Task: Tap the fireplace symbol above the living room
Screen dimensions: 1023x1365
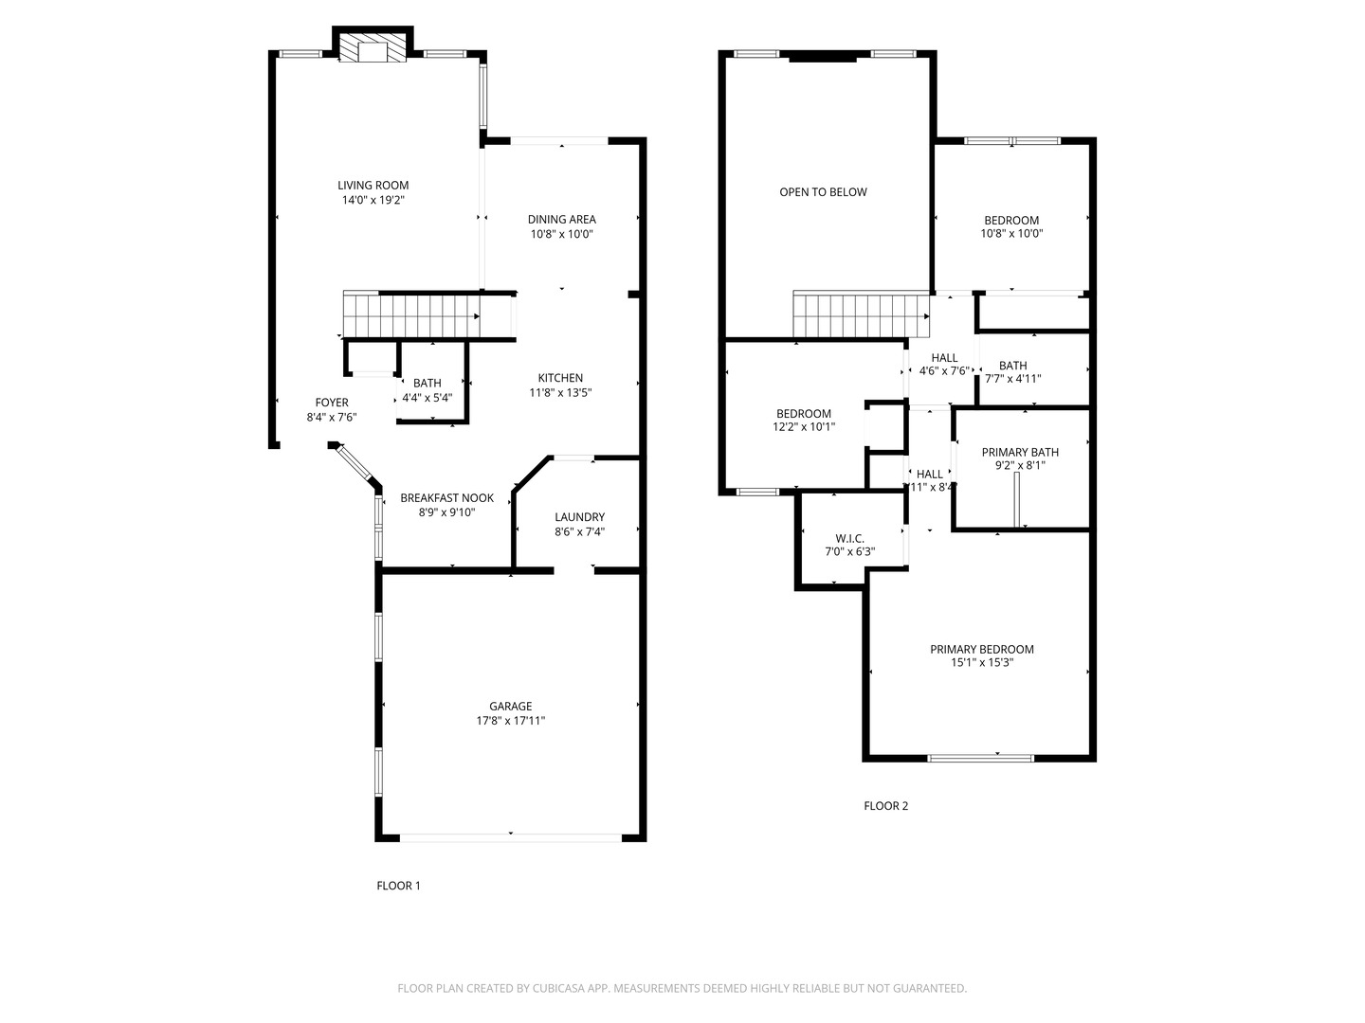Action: click(373, 50)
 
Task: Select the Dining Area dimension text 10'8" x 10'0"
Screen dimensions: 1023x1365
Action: click(561, 234)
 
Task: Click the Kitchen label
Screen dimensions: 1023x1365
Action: click(560, 378)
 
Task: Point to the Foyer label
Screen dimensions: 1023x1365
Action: click(332, 403)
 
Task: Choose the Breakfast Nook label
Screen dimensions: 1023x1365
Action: click(446, 498)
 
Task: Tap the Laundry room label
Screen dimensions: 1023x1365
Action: click(579, 517)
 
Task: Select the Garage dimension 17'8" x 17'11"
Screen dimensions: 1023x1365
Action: click(510, 721)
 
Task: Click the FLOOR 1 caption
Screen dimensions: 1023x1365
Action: click(398, 886)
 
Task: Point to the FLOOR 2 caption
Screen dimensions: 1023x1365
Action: click(885, 806)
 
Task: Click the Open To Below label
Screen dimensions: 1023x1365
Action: click(823, 192)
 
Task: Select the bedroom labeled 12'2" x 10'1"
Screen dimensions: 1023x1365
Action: click(804, 420)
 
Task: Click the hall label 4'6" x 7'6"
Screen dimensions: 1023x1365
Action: click(944, 365)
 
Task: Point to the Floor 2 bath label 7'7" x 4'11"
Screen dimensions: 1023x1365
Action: click(1012, 371)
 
